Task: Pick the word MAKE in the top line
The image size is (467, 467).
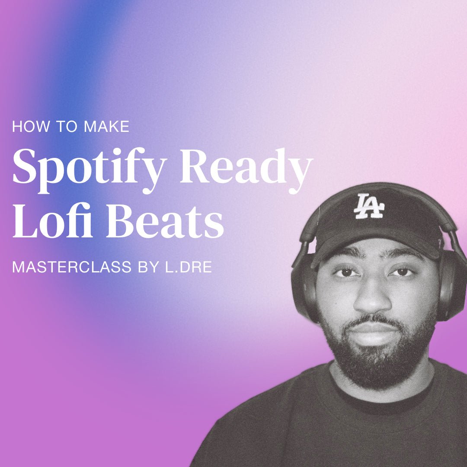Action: pyautogui.click(x=106, y=127)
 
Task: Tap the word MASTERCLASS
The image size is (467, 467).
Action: pyautogui.click(x=72, y=267)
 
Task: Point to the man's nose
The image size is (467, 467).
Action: pyautogui.click(x=373, y=298)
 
